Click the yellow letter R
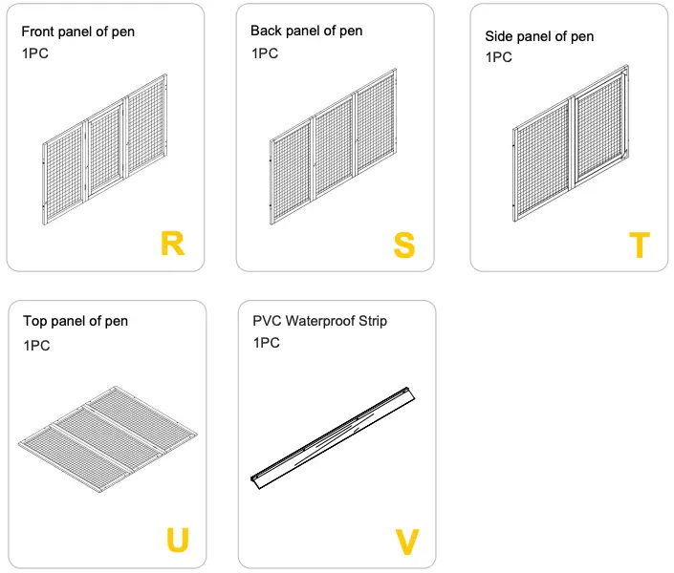coord(172,244)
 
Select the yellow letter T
coord(639,245)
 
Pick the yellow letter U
coord(177,541)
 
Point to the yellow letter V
coord(407,541)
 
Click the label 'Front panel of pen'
coord(77,32)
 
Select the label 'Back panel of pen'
coord(306,31)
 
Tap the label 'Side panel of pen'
coord(539,36)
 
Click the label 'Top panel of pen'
coord(76,321)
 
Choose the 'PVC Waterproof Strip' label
coord(319,321)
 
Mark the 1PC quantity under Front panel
coord(34,53)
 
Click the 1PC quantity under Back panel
coord(265,53)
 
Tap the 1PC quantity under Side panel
coord(498,57)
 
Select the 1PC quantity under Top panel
coord(36,346)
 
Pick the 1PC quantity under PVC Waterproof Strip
coord(266,342)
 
